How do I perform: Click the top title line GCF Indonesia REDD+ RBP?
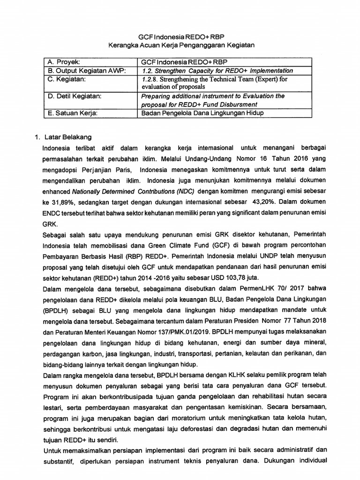(180, 37)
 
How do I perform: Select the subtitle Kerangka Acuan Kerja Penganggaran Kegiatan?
(180, 45)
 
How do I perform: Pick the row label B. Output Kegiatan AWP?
(82, 71)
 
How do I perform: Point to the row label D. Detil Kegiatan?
(75, 96)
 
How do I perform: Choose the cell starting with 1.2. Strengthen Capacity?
(217, 71)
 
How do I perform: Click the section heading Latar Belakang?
(67, 137)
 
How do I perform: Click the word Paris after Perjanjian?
(121, 169)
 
